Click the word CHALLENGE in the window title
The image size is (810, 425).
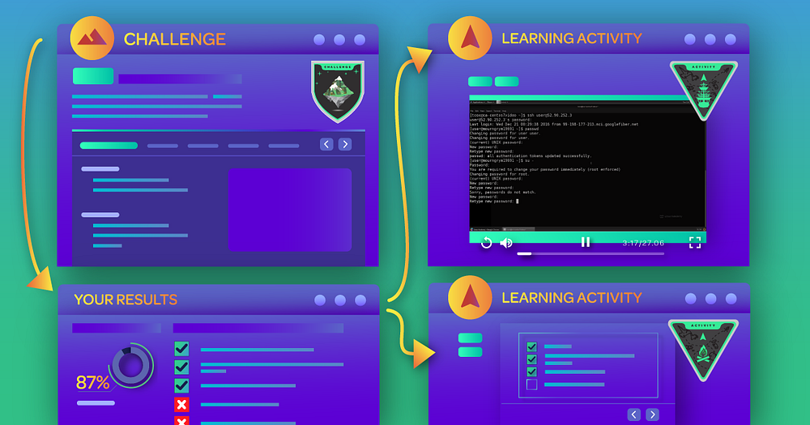click(x=174, y=39)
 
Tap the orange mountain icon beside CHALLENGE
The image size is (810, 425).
click(x=92, y=37)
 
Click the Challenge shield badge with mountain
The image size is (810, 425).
click(x=338, y=91)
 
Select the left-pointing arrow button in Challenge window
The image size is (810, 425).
click(x=326, y=144)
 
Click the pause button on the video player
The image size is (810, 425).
click(x=586, y=242)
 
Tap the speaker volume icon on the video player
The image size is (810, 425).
click(x=506, y=242)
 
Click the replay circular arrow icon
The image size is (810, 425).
click(x=486, y=242)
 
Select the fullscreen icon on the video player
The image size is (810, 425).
click(x=694, y=242)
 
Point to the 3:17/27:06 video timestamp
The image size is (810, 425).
click(x=642, y=242)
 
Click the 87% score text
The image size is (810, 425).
click(x=93, y=382)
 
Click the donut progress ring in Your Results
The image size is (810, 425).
click(x=130, y=364)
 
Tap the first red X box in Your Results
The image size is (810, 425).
click(x=181, y=404)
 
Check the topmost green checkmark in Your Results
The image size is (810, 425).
click(x=181, y=349)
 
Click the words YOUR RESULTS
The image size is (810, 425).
click(x=126, y=300)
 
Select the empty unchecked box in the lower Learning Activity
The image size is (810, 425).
click(x=531, y=385)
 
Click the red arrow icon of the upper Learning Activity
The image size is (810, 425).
click(x=471, y=37)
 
